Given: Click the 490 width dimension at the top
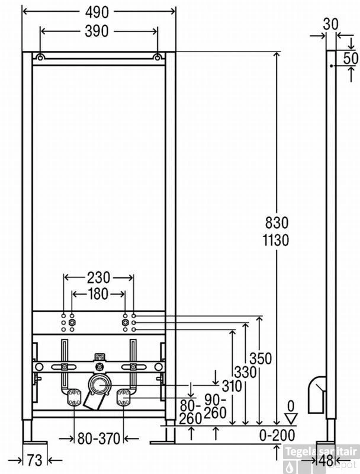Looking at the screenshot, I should [98, 12].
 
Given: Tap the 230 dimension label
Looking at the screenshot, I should [98, 277].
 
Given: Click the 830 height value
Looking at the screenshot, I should [277, 223].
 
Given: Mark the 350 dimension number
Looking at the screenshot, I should [261, 358].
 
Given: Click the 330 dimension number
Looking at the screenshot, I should [245, 373].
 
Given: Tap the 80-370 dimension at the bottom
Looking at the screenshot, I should [98, 439].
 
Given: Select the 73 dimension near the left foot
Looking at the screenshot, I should [35, 460].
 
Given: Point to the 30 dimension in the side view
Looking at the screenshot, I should [331, 23].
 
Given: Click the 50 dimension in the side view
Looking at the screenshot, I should [350, 58].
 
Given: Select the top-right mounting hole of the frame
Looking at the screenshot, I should [157, 57].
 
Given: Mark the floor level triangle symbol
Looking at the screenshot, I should [291, 417].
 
